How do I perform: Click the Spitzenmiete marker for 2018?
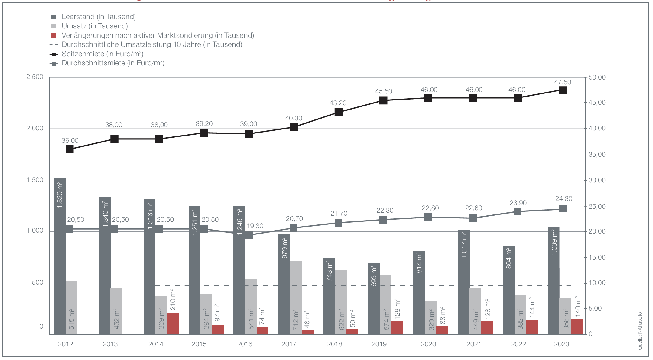point(339,113)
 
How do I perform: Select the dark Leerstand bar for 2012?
point(60,257)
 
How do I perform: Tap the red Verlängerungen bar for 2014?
point(173,323)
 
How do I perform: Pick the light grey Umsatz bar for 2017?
point(296,298)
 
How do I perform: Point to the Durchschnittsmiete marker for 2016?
point(249,235)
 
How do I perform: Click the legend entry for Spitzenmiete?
point(102,54)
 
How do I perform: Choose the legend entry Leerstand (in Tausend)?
point(99,17)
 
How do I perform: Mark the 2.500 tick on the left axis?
point(35,77)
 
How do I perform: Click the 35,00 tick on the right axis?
point(597,155)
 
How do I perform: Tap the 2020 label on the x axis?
point(428,344)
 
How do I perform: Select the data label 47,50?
point(563,82)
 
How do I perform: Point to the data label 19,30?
point(255,226)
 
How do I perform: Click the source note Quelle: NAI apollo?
point(640,331)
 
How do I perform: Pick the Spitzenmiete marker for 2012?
point(70,149)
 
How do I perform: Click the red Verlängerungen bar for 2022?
point(532,327)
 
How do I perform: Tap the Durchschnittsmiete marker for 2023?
point(563,209)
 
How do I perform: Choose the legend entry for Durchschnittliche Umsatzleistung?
point(152,45)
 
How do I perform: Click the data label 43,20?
point(338,103)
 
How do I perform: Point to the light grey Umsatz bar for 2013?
point(116,311)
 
